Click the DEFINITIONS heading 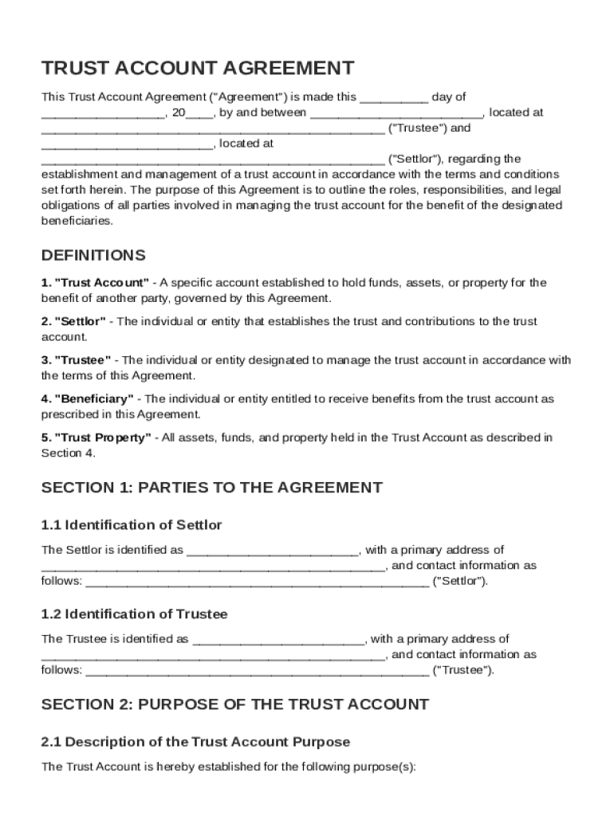[93, 256]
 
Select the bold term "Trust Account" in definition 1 [100, 283]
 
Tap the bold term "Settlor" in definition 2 [80, 321]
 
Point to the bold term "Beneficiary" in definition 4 [94, 398]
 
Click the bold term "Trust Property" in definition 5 [102, 437]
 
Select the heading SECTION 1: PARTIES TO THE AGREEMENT [211, 488]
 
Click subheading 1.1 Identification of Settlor [132, 525]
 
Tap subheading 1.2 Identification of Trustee [134, 614]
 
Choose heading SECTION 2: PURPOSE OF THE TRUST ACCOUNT [234, 704]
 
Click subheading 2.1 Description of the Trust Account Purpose [195, 742]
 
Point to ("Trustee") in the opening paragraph [419, 128]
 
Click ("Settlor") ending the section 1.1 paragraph [459, 581]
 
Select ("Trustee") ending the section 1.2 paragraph [462, 670]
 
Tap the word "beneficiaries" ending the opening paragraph [77, 221]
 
